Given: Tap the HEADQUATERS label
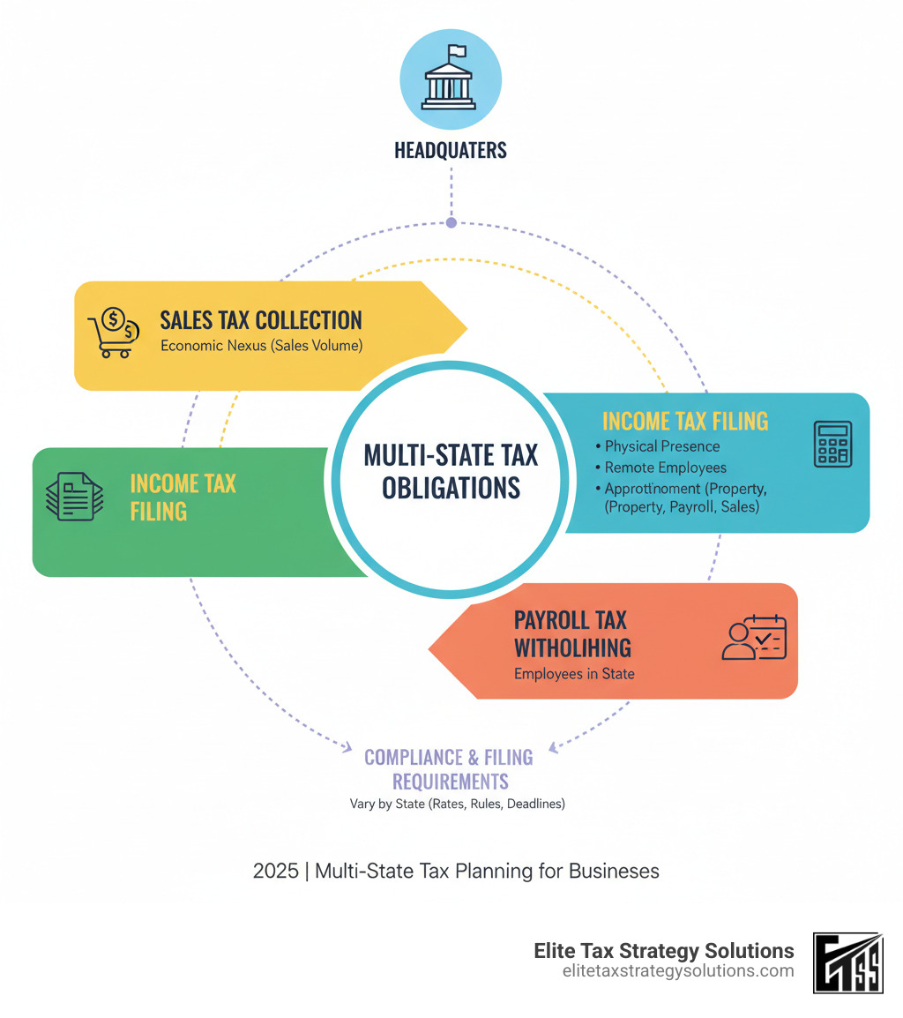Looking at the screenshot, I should coord(451,150).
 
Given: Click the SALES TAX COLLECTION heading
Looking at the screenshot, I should coord(261,319).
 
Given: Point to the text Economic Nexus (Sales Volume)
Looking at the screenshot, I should coord(261,346).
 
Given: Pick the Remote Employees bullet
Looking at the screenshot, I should coord(665,468).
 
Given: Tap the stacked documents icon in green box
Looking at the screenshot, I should coord(74,498).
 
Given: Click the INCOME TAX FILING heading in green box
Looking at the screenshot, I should coord(183,497).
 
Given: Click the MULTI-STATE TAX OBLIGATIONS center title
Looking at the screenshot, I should coord(451,471).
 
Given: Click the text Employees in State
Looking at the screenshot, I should coord(574,674).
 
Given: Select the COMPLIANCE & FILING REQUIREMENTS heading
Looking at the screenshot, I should coord(449,768).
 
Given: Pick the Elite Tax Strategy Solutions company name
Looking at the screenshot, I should coord(664,950).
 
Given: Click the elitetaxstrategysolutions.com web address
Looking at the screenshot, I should coord(677,970).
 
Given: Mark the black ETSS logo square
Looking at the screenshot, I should coord(847,962).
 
